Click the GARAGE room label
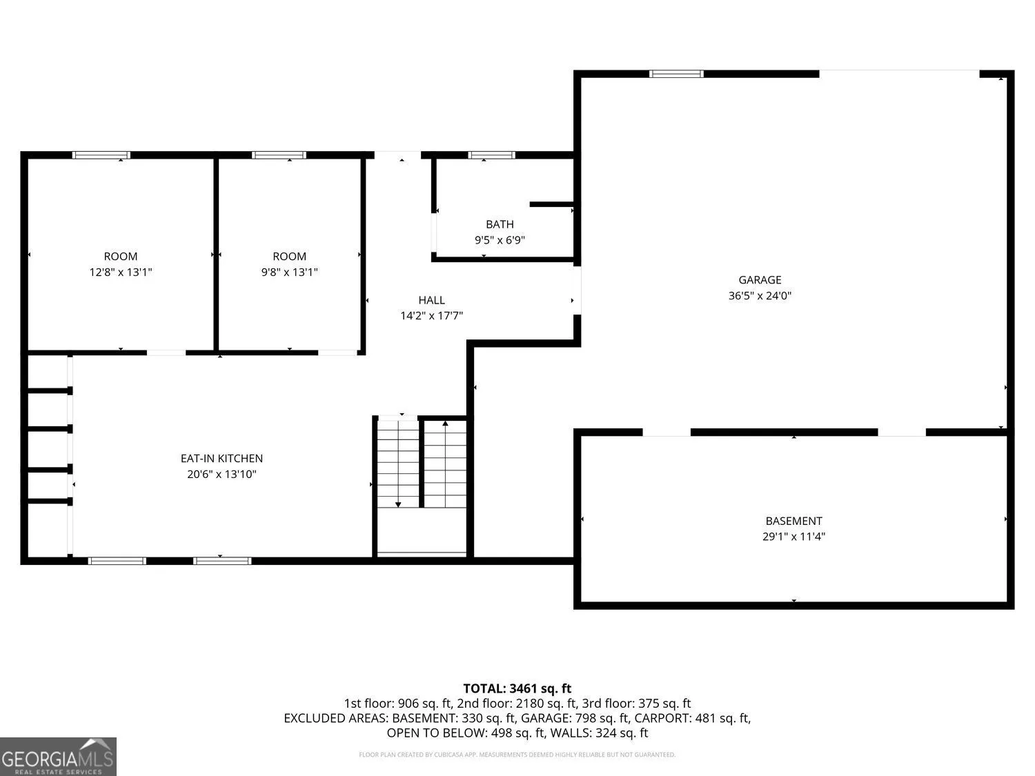(760, 280)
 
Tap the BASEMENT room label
(793, 521)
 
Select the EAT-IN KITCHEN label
(221, 459)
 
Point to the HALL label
(431, 300)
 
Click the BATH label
(500, 224)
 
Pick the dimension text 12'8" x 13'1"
(121, 272)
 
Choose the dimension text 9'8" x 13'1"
(290, 272)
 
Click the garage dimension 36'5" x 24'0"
(760, 296)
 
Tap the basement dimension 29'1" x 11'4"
(793, 537)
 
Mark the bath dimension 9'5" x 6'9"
(500, 240)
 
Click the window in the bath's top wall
(491, 155)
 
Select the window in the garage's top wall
(676, 74)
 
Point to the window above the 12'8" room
(101, 155)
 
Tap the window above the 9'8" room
(279, 155)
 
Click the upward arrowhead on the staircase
(445, 424)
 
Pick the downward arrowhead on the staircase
(398, 505)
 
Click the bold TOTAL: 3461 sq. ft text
(517, 689)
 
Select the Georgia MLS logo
(58, 756)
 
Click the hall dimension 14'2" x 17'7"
(431, 316)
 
